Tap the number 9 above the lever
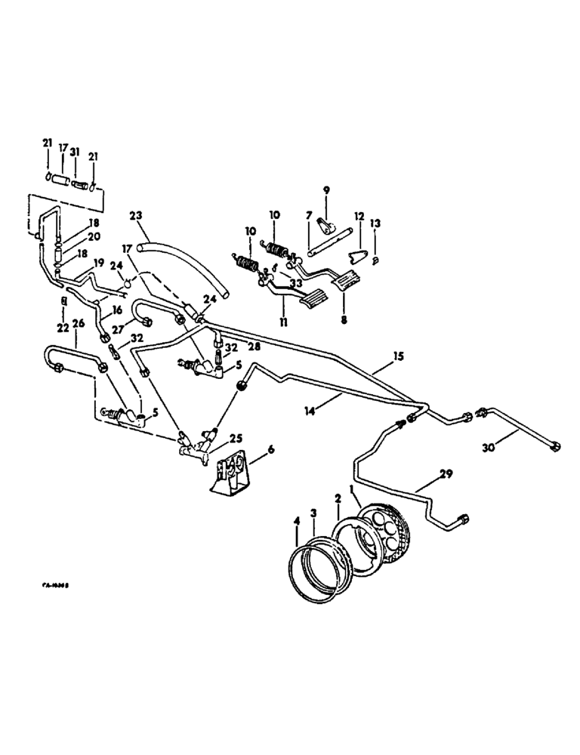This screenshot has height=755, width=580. pos(326,190)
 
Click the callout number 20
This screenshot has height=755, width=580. pos(95,236)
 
